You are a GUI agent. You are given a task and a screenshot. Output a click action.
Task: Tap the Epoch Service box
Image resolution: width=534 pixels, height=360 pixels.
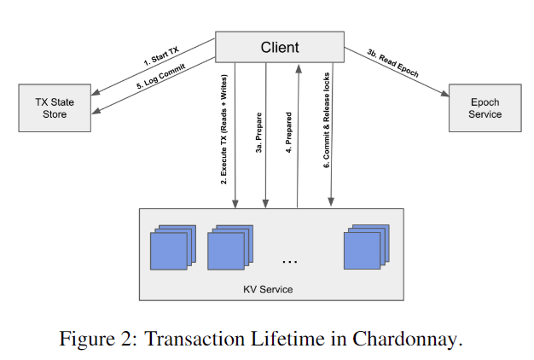pos(485,108)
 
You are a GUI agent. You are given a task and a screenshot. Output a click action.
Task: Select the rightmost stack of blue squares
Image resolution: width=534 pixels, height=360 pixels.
pos(365,247)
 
